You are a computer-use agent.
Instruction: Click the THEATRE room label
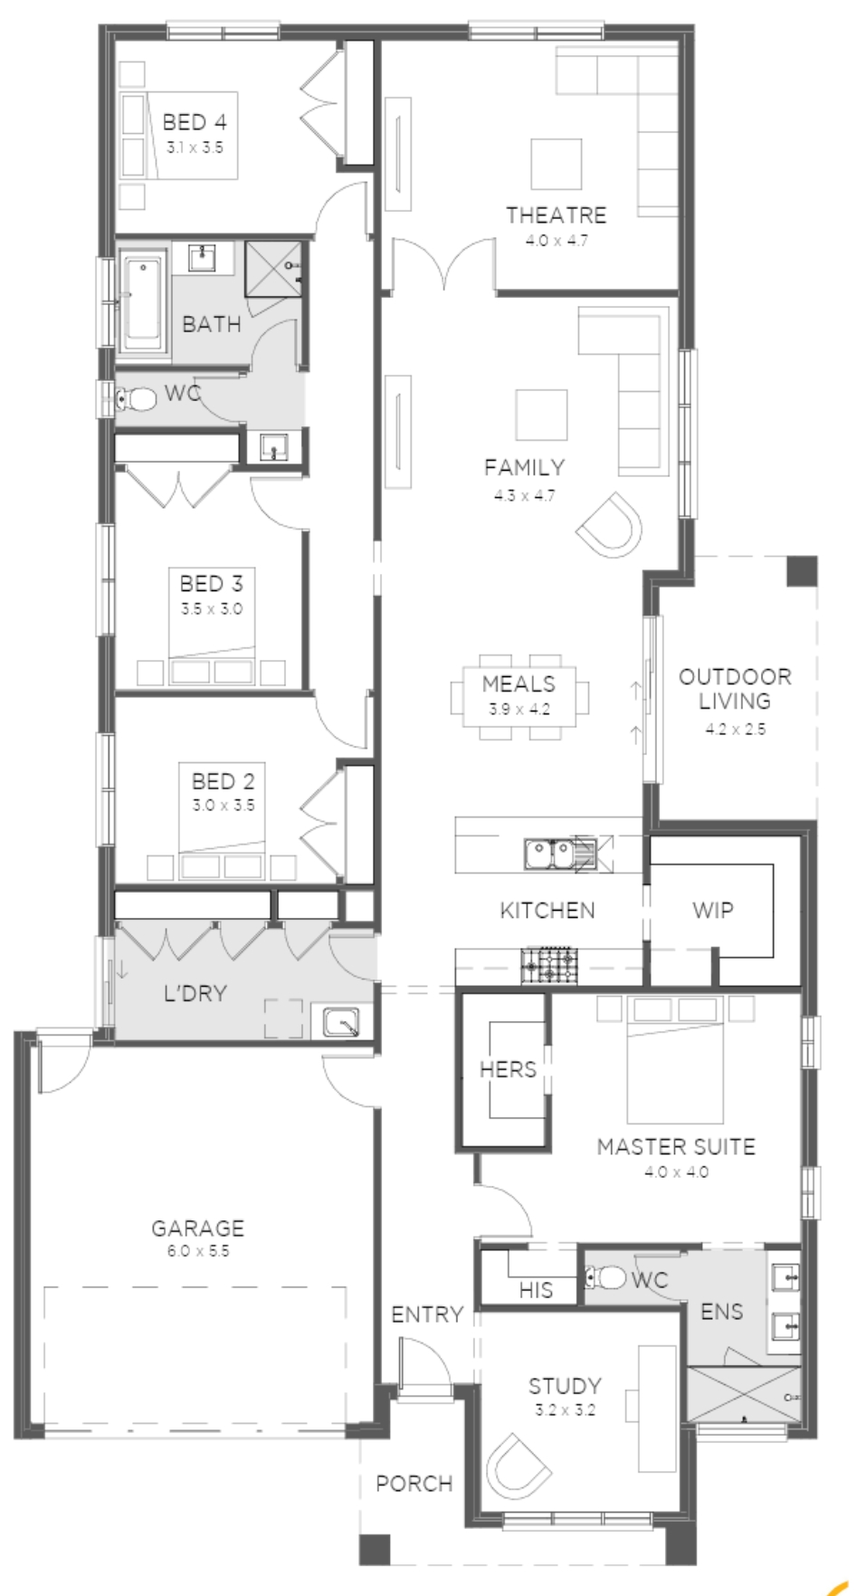(556, 215)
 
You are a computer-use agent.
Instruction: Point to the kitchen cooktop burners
(547, 965)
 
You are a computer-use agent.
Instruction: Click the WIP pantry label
(712, 911)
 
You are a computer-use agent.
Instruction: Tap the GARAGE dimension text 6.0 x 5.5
(197, 1251)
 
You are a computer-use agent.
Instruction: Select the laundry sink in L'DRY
(341, 1021)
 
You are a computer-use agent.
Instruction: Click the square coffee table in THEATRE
(557, 163)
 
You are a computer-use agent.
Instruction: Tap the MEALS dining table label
(519, 684)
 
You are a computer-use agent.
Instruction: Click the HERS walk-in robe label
(508, 1069)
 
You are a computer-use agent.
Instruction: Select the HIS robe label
(536, 1289)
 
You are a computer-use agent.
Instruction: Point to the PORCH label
(414, 1484)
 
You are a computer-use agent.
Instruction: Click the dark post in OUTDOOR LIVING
(801, 572)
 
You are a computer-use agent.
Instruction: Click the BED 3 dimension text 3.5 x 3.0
(212, 609)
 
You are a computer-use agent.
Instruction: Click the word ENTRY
(426, 1314)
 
